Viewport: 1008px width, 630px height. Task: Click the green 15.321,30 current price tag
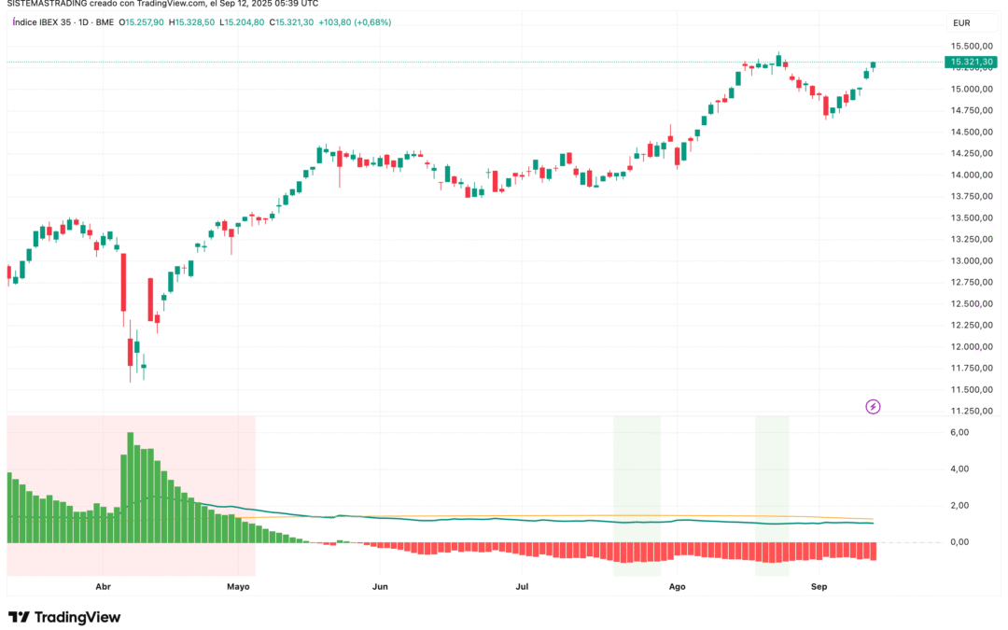click(970, 63)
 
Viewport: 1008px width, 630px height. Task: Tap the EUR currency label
click(961, 22)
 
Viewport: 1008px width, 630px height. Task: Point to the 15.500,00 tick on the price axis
click(971, 47)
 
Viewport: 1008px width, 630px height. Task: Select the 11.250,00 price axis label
click(971, 412)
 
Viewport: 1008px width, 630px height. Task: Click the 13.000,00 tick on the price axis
click(971, 261)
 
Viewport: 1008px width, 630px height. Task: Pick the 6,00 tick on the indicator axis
click(959, 433)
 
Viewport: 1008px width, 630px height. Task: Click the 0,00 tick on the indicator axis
click(959, 542)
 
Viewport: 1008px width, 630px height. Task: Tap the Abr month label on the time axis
click(104, 587)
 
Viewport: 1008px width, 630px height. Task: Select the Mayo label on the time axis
click(238, 587)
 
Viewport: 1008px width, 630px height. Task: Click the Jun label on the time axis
click(380, 587)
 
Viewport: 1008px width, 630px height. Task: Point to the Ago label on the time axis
click(678, 587)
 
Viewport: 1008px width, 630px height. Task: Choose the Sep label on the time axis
click(819, 587)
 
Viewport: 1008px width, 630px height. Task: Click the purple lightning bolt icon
click(873, 406)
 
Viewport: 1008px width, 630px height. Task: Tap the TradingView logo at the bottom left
click(64, 617)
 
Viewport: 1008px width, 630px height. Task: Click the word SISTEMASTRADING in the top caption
click(46, 4)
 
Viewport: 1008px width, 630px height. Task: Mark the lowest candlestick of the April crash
click(130, 355)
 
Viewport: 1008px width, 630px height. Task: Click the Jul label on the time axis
click(522, 587)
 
